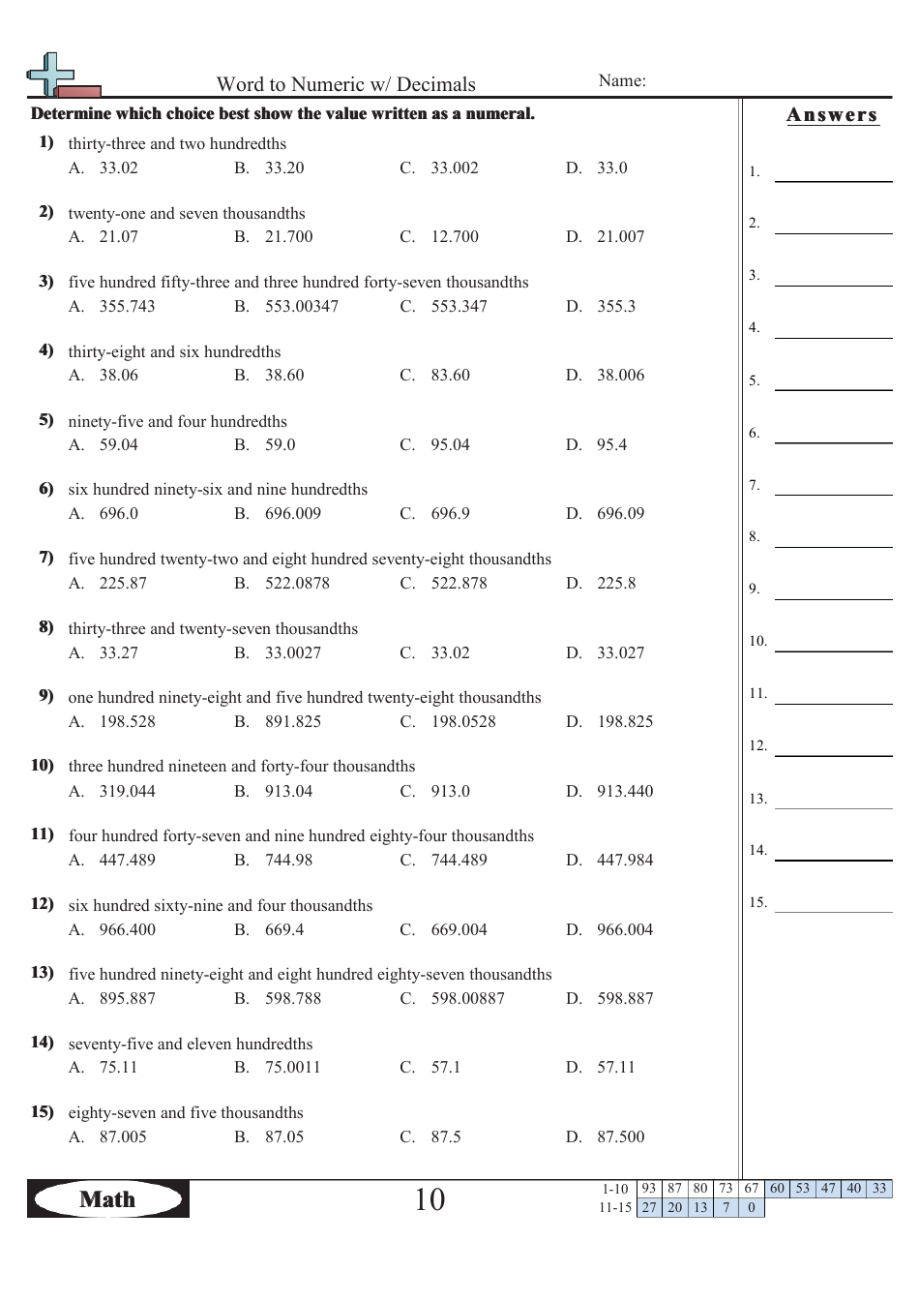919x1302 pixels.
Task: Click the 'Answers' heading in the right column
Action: [x=832, y=115]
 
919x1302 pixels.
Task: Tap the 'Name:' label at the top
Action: [x=622, y=81]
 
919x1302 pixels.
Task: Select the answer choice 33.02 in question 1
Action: [x=118, y=168]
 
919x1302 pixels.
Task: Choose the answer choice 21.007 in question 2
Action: [x=620, y=237]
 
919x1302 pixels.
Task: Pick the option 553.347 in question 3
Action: [x=459, y=307]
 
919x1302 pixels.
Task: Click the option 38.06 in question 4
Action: [x=118, y=376]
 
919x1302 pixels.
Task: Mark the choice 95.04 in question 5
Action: [x=450, y=445]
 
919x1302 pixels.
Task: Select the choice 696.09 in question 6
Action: [x=620, y=514]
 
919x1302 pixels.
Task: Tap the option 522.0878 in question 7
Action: [x=297, y=584]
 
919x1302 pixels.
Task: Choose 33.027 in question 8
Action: [x=620, y=653]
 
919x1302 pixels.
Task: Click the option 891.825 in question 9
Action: [x=293, y=722]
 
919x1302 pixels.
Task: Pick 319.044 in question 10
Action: [x=127, y=792]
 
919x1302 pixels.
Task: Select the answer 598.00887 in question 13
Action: [x=467, y=999]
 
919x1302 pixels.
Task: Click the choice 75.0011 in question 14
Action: [x=292, y=1068]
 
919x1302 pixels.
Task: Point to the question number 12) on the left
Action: [x=43, y=904]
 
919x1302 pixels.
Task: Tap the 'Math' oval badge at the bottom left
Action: [x=107, y=1199]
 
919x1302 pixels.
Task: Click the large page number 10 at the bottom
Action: [x=430, y=1200]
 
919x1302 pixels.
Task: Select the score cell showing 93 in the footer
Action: [x=648, y=1189]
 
